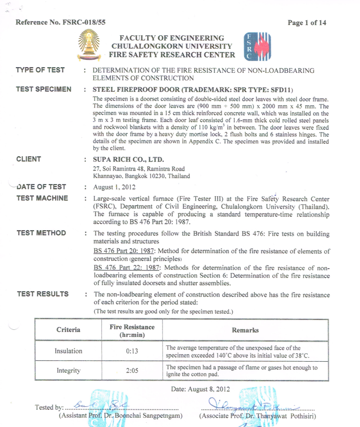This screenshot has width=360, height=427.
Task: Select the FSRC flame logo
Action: click(257, 46)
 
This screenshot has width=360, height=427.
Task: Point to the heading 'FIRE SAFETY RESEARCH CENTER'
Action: click(172, 54)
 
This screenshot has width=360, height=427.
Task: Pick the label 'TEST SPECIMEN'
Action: click(44, 89)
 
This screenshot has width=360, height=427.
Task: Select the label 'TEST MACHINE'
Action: click(42, 198)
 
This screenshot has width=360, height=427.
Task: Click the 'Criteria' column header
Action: click(69, 330)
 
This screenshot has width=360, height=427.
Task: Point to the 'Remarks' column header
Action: click(245, 330)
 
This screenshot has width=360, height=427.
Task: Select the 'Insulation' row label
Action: click(69, 351)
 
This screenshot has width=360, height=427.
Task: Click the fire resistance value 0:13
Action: click(132, 351)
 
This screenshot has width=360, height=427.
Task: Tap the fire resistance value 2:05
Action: click(132, 371)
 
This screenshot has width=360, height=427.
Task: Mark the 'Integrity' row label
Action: click(69, 371)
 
